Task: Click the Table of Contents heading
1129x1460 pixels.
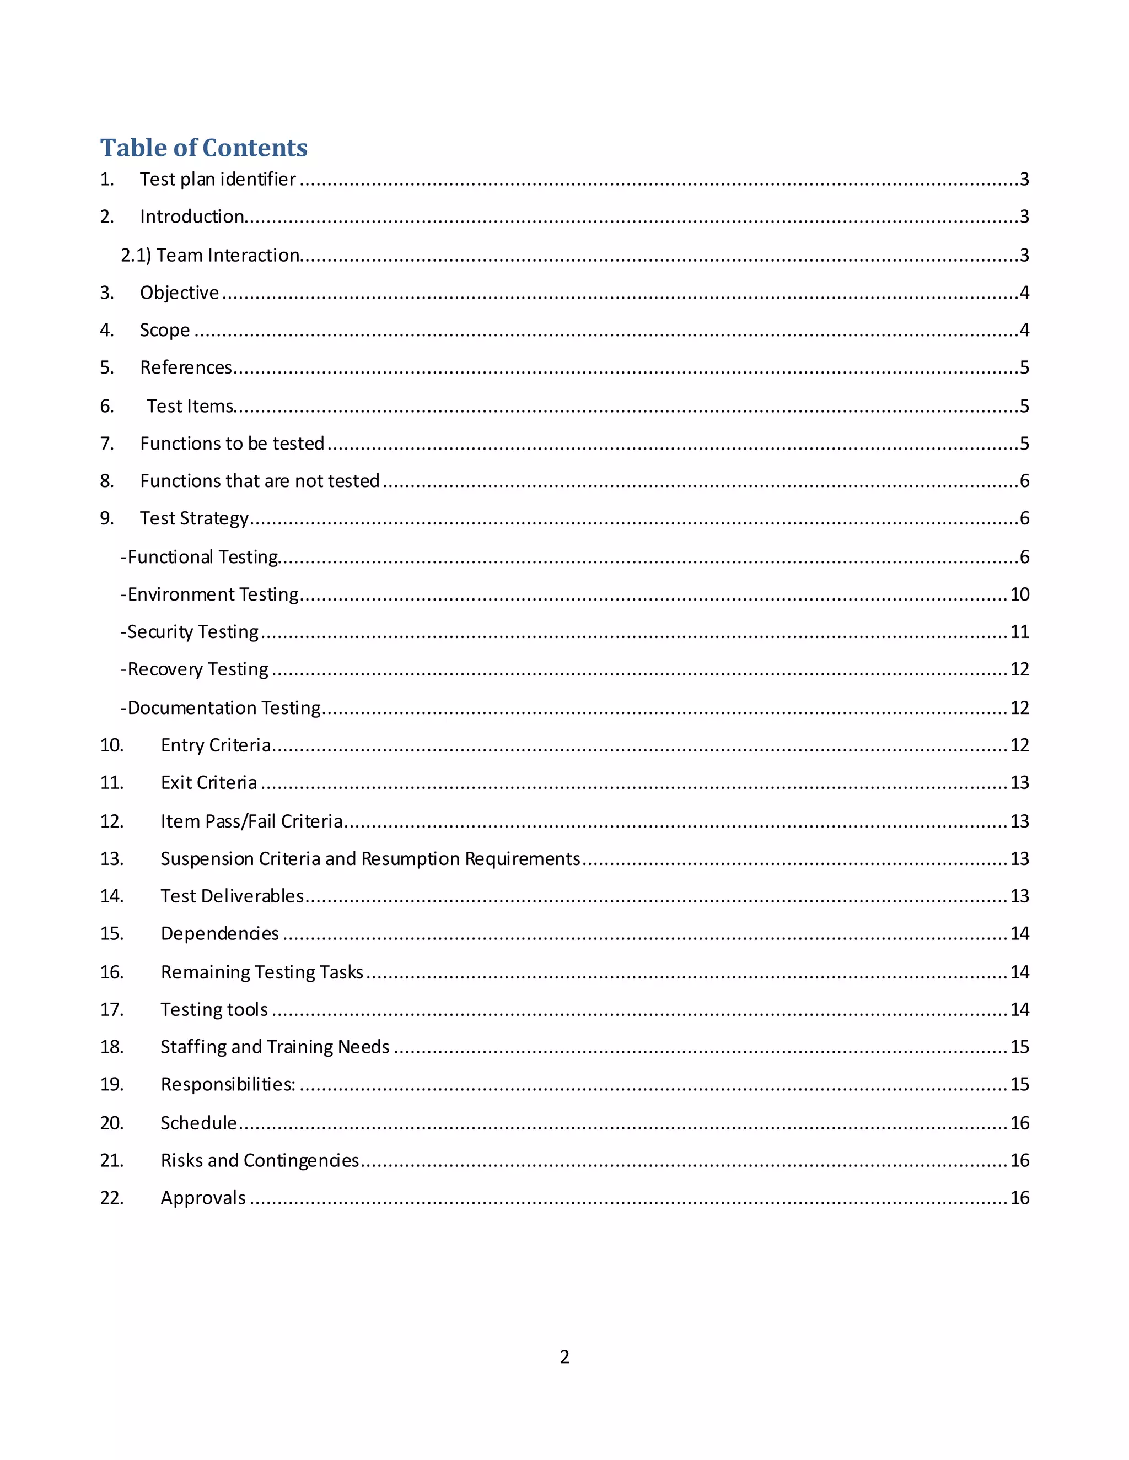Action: point(203,148)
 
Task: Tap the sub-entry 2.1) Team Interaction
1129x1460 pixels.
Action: point(210,256)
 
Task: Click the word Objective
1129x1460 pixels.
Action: point(179,293)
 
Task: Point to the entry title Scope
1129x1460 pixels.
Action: point(164,330)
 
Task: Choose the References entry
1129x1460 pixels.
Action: point(186,367)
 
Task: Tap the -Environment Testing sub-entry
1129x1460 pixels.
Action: point(209,594)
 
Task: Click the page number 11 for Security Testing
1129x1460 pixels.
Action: point(1019,632)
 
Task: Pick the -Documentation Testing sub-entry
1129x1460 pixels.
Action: point(221,708)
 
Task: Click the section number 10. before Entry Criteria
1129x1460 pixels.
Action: point(112,745)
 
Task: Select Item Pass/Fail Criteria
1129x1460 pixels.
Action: point(251,821)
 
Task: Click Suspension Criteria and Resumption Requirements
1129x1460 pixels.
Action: point(370,858)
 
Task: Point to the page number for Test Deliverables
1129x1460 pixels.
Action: point(1019,896)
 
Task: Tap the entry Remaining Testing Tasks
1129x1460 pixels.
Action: point(261,972)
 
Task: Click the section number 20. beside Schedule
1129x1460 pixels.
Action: point(112,1123)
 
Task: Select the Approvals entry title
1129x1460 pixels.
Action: point(203,1198)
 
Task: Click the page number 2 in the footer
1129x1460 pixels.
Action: point(564,1356)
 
